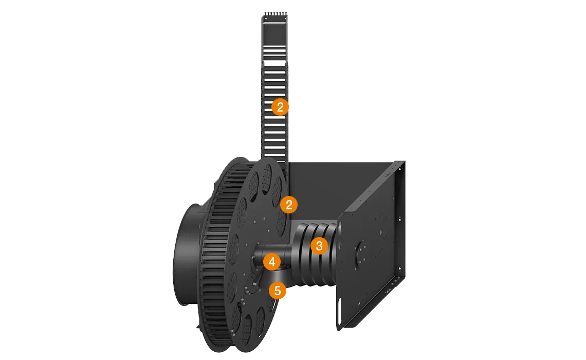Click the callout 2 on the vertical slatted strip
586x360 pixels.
coord(280,107)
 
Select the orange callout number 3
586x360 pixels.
coord(319,246)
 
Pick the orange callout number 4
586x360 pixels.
coord(272,262)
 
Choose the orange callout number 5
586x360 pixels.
coord(278,291)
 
